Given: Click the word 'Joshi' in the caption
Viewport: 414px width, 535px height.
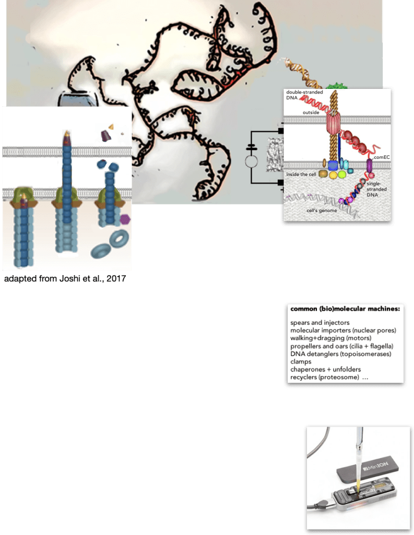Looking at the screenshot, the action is (69, 278).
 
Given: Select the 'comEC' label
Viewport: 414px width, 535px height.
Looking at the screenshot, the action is (382, 157).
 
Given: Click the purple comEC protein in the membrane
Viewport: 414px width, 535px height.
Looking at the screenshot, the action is (369, 166).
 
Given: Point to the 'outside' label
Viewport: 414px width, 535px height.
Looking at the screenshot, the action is (311, 112).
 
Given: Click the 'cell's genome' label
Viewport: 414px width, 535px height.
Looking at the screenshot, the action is (322, 211).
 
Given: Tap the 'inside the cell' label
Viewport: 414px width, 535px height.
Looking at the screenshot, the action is (301, 174).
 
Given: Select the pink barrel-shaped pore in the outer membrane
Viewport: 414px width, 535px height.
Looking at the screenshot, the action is (333, 122).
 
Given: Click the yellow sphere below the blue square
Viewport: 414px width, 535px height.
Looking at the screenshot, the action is (333, 175).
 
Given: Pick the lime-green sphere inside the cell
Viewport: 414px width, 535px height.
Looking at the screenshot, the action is (342, 175).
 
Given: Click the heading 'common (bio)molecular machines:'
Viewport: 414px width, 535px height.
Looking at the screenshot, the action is (345, 309).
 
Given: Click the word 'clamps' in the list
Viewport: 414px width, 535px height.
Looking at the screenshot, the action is (301, 362).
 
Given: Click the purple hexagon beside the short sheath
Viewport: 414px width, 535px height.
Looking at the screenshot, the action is (125, 219).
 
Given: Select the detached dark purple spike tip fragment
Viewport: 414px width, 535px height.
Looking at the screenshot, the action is (106, 136).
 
